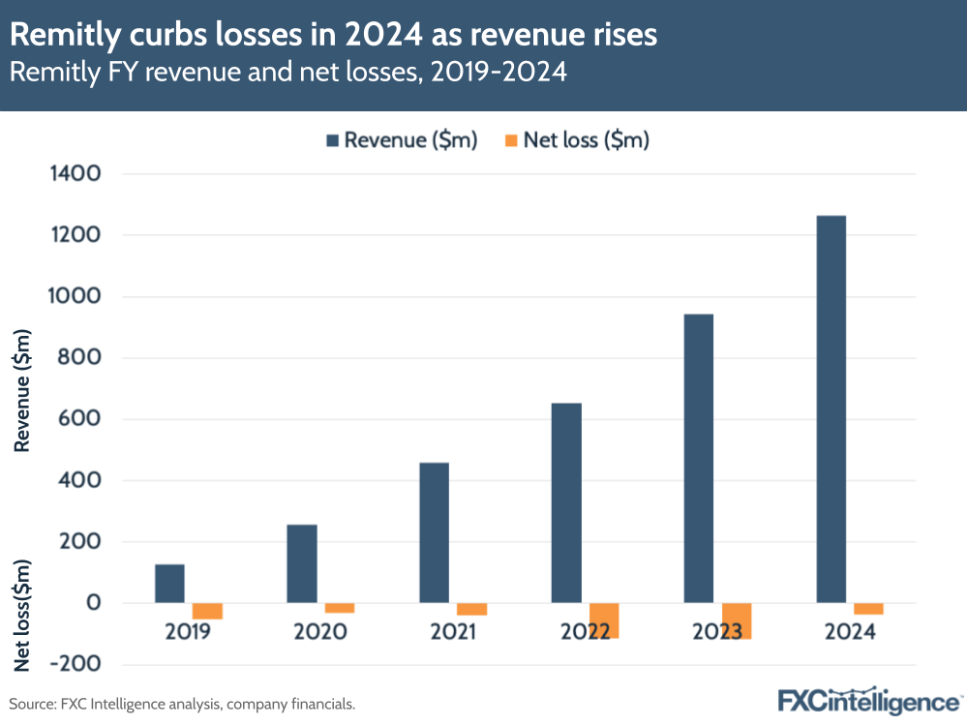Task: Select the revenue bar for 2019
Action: pos(169,584)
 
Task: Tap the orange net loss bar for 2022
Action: pos(604,620)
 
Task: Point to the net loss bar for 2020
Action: pos(339,608)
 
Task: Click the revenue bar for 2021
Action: pos(434,532)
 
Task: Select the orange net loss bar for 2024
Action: pos(868,609)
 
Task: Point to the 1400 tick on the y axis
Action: pos(74,174)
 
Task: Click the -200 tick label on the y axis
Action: pos(74,664)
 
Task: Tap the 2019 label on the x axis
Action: pos(188,632)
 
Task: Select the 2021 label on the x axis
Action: pos(452,632)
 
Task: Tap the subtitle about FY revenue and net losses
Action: pos(288,73)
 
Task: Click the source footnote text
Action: pos(182,704)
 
